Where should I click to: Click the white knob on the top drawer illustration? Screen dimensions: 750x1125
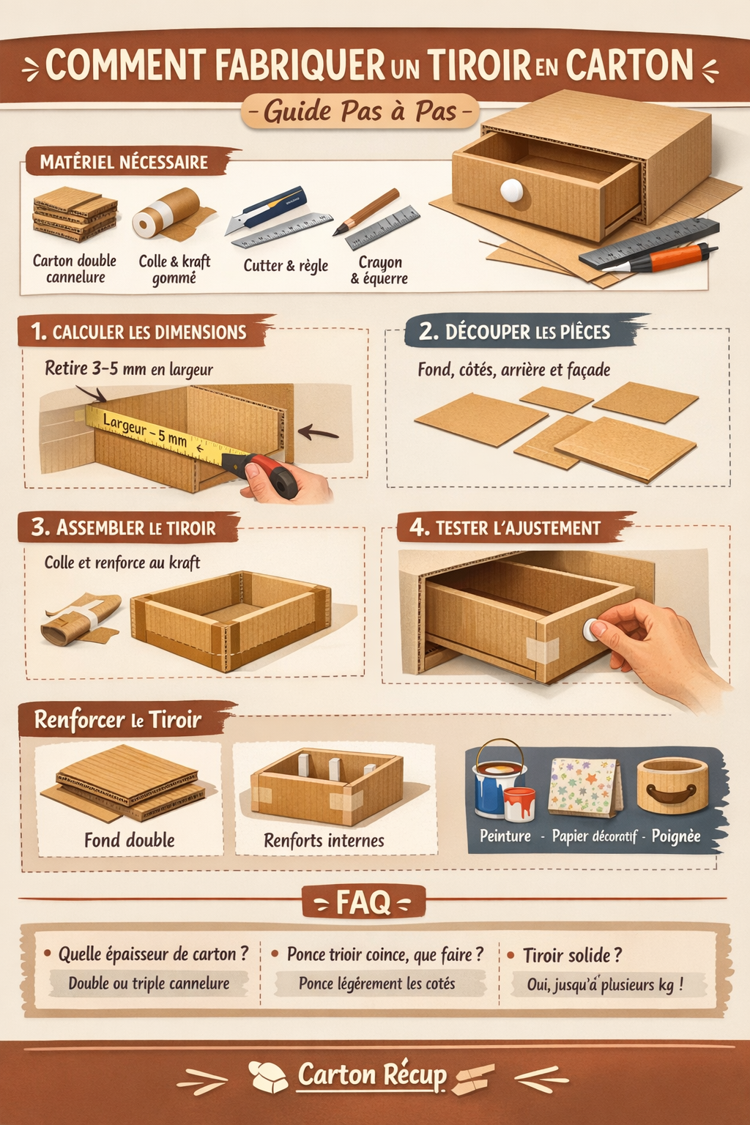pyautogui.click(x=511, y=190)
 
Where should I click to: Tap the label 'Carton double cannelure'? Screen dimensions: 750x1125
pyautogui.click(x=75, y=269)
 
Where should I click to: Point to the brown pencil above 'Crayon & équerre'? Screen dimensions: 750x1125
pyautogui.click(x=366, y=212)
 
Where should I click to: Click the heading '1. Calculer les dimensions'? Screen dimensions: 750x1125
pyautogui.click(x=138, y=332)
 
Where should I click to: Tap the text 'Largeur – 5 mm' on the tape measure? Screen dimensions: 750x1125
pyautogui.click(x=145, y=430)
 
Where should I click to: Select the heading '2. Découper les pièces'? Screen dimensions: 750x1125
pyautogui.click(x=514, y=332)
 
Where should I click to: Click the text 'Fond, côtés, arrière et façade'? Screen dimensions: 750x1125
pyautogui.click(x=514, y=370)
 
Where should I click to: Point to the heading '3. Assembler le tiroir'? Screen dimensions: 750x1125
pyautogui.click(x=124, y=527)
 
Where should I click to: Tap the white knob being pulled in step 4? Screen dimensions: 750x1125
pyautogui.click(x=593, y=629)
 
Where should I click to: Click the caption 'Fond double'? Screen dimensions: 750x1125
pyautogui.click(x=129, y=840)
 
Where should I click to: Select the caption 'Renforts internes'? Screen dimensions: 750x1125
pyautogui.click(x=324, y=840)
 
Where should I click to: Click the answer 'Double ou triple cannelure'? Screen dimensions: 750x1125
pyautogui.click(x=149, y=984)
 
